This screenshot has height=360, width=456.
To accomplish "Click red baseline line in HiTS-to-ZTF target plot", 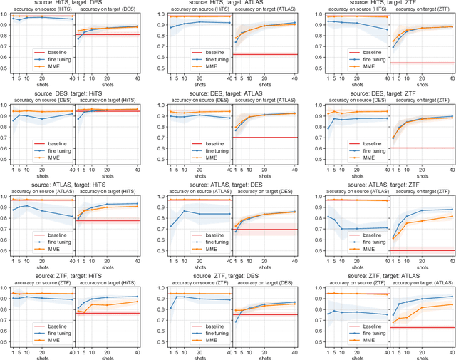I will [x=420, y=63].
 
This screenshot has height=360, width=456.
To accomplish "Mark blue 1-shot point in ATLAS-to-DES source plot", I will [x=169, y=227].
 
